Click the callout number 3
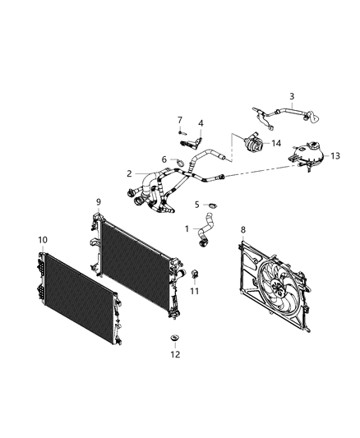point(292,96)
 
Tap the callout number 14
point(276,143)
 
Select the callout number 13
point(335,156)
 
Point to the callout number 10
point(43,240)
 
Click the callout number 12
point(175,354)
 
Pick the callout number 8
point(243,230)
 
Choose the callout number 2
point(129,173)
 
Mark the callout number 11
point(194,291)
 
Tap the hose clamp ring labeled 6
point(180,162)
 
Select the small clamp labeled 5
point(213,206)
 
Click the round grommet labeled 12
point(175,339)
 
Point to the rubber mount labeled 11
point(194,274)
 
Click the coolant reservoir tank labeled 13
point(307,157)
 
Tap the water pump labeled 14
point(252,144)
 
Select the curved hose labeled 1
point(205,229)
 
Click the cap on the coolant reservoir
point(313,145)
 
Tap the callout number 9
point(99,202)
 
